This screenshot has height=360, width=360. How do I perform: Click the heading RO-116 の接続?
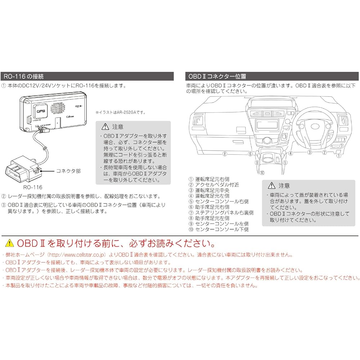pyautogui.click(x=23, y=76)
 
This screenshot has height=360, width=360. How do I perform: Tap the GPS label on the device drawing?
pyautogui.click(x=40, y=111)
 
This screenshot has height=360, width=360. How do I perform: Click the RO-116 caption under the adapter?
pyautogui.click(x=33, y=187)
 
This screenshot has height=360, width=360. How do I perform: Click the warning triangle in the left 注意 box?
pyautogui.click(x=105, y=127)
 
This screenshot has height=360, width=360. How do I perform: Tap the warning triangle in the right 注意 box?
pyautogui.click(x=271, y=186)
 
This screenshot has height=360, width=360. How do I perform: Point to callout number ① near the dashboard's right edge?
pyautogui.click(x=338, y=156)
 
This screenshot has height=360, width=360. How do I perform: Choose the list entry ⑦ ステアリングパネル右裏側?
pyautogui.click(x=221, y=212)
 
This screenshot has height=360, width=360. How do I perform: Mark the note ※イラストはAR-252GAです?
pyautogui.click(x=121, y=112)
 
